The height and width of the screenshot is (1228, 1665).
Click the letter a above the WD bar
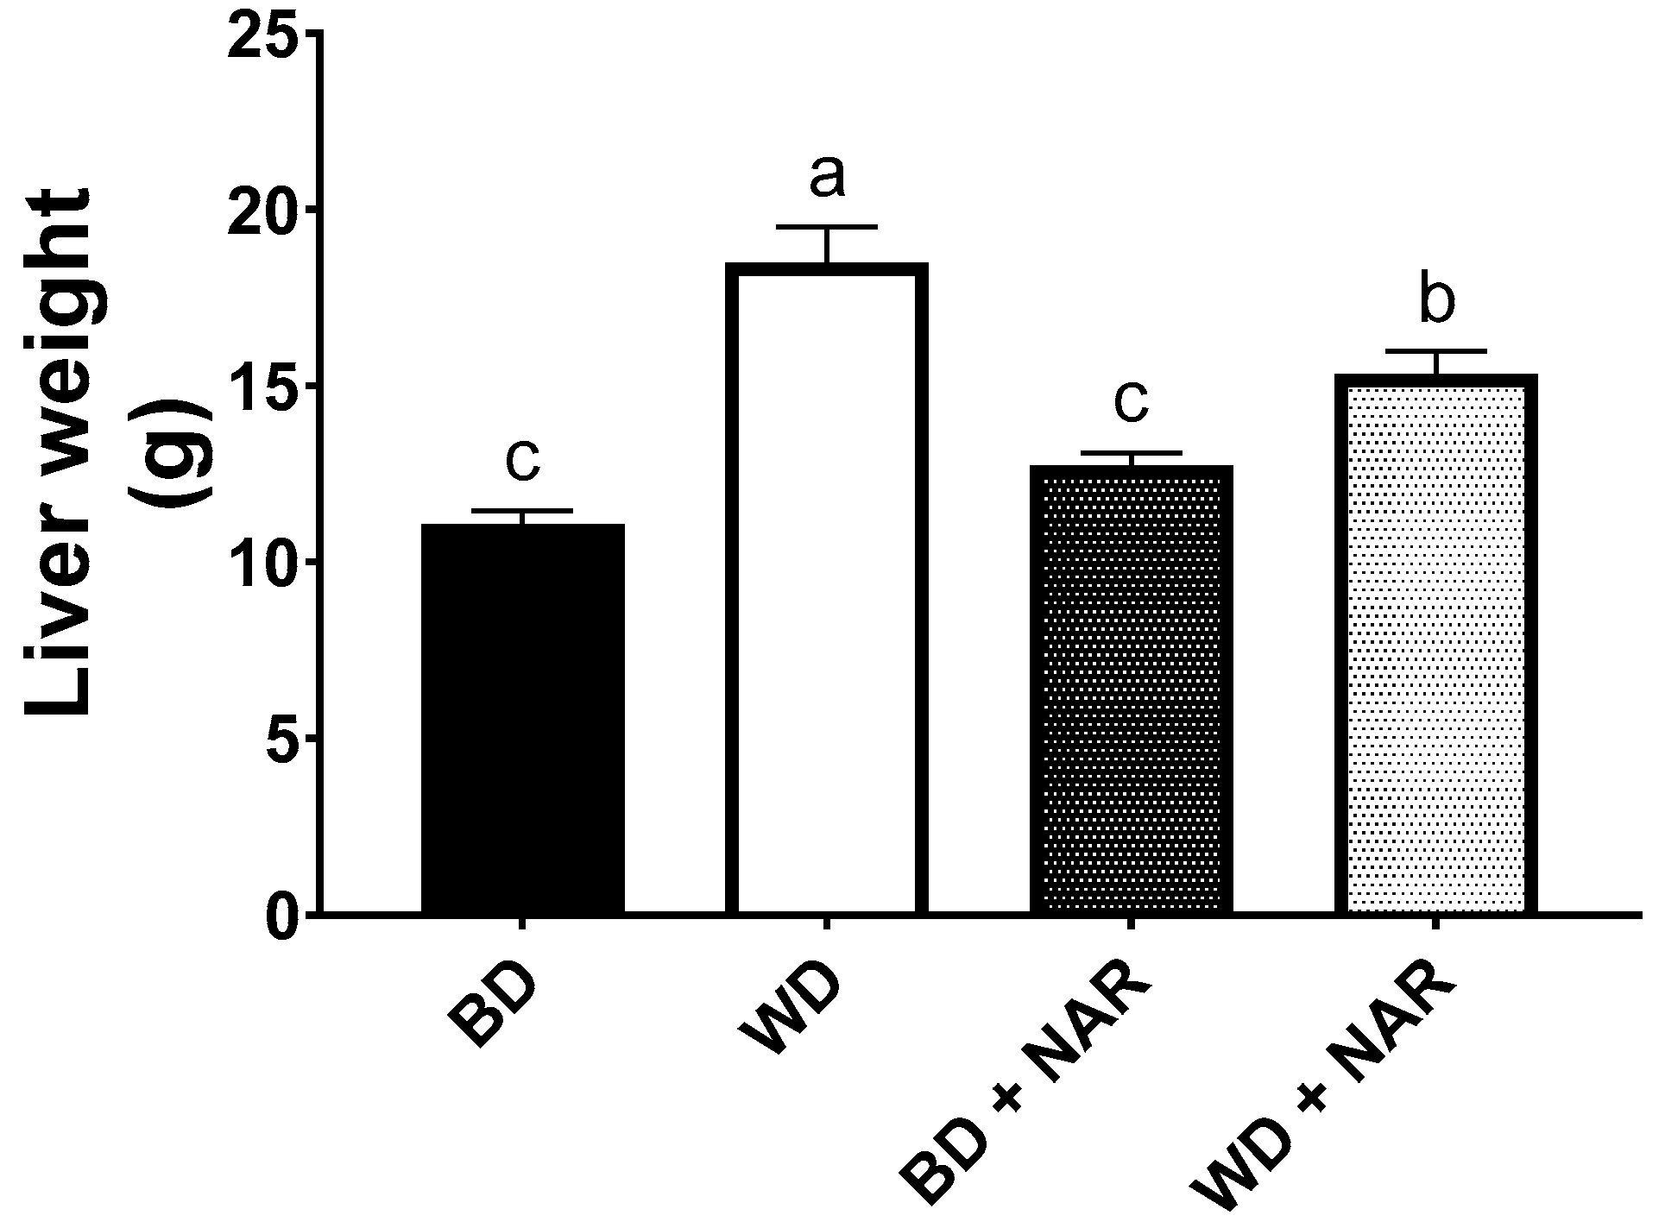(827, 177)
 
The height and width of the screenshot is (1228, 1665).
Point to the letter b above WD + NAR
(1436, 299)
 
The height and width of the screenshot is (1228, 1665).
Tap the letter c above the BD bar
(522, 459)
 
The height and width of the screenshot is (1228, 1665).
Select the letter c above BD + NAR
(1131, 401)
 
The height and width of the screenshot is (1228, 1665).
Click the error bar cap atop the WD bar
(827, 227)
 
